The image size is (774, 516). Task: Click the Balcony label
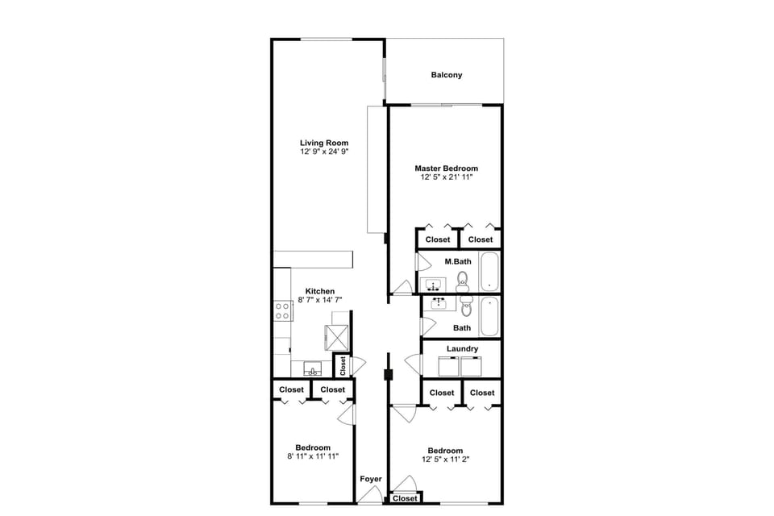[447, 75]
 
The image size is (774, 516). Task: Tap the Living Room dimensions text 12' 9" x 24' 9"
[324, 152]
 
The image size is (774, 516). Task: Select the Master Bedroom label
[446, 169]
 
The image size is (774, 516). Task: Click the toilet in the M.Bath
[463, 281]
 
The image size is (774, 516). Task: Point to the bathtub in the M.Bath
[489, 273]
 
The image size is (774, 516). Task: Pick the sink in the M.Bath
[434, 285]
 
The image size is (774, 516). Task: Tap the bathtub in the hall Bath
[489, 317]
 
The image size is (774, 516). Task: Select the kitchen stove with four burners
[283, 310]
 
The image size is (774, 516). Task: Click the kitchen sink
[312, 370]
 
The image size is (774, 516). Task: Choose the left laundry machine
[447, 366]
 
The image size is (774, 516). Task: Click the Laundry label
[462, 349]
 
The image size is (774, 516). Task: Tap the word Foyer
[370, 479]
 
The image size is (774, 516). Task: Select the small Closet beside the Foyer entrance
[405, 498]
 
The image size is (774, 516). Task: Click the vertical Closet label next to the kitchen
[342, 367]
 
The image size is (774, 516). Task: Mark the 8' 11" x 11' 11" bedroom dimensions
[312, 456]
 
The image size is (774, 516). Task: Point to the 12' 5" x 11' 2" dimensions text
[445, 460]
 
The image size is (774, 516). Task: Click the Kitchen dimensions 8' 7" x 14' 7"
[320, 300]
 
